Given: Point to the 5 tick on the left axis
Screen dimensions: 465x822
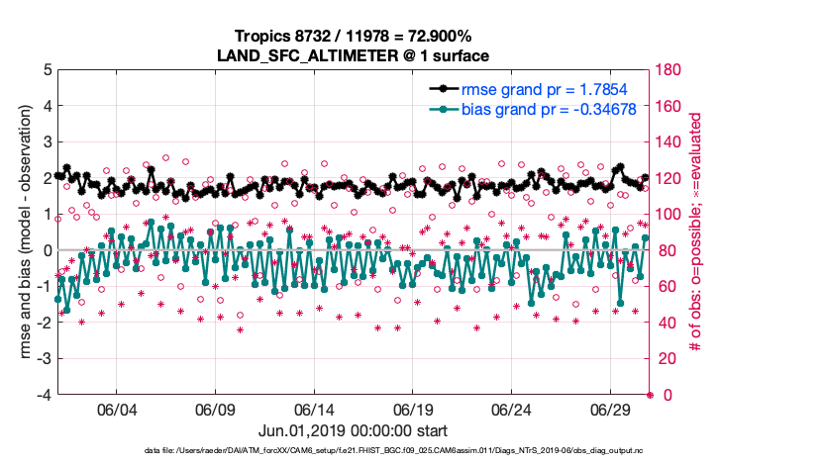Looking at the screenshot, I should click(47, 70).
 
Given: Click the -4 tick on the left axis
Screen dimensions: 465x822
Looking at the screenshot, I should click(44, 395).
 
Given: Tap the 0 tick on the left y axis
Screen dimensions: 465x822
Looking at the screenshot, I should click(47, 250).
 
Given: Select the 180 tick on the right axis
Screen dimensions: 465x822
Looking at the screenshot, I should click(668, 70).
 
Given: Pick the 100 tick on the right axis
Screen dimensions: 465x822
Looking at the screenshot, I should click(668, 215).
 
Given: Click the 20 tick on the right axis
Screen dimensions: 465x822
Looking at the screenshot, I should click(665, 359).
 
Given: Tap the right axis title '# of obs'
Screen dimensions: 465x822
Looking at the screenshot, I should click(698, 232).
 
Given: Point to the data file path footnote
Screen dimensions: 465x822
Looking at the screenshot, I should click(353, 451).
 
